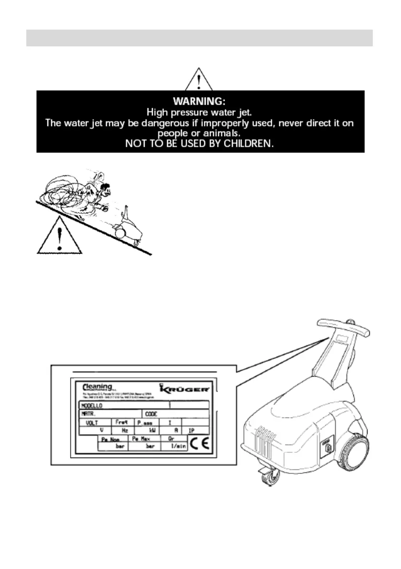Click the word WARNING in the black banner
[x=199, y=101]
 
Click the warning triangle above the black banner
[x=199, y=80]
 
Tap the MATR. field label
[x=86, y=414]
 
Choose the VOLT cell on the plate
[x=93, y=423]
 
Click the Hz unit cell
[x=125, y=430]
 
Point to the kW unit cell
[x=152, y=430]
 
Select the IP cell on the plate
[x=191, y=430]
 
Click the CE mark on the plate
[x=199, y=444]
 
